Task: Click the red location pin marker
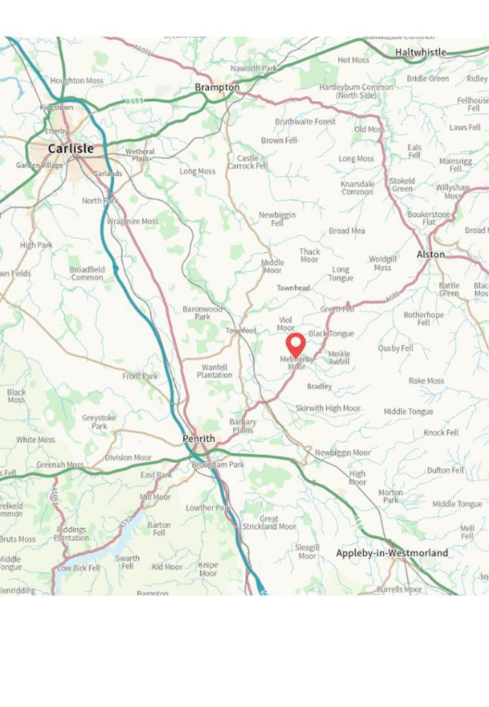[x=296, y=344]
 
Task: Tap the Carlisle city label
[x=70, y=148]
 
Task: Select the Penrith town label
[x=199, y=438]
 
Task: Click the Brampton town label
[x=217, y=87]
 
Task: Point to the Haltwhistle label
[x=420, y=52]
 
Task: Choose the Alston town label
[x=430, y=254]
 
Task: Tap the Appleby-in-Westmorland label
[x=391, y=553]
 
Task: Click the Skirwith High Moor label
[x=328, y=409]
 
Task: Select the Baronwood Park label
[x=202, y=313]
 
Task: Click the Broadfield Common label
[x=87, y=273]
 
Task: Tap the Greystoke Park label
[x=99, y=422]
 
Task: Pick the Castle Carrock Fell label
[x=248, y=162]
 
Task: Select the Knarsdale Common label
[x=357, y=188]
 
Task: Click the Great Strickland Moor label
[x=269, y=523]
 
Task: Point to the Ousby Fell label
[x=395, y=348]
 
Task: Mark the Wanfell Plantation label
[x=214, y=371]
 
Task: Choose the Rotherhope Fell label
[x=423, y=318]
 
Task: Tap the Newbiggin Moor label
[x=342, y=452]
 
